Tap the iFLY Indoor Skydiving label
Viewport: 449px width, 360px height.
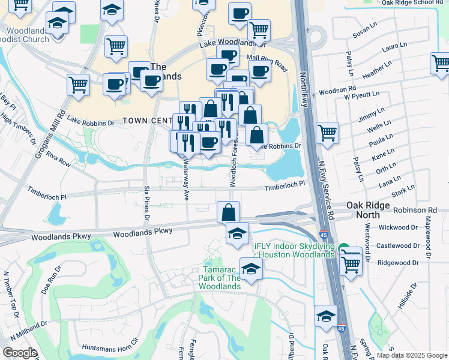(294, 250)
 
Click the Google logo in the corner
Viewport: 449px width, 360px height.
(20, 353)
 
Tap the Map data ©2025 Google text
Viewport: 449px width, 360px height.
(412, 355)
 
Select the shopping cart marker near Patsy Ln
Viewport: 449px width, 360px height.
(327, 133)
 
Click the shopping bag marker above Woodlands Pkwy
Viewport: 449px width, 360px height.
(228, 212)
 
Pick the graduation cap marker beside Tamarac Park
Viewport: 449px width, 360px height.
(251, 268)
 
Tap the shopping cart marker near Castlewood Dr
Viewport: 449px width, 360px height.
(351, 261)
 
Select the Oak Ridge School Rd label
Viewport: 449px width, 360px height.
(415, 2)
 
